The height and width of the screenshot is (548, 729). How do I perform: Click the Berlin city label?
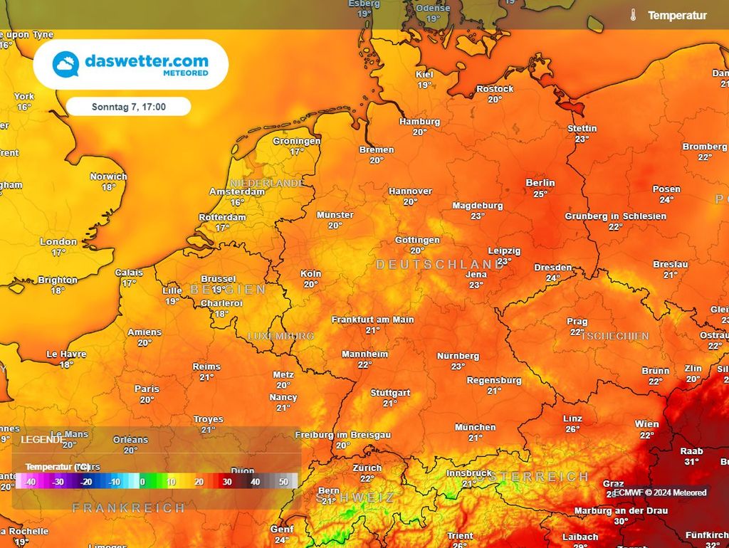coord(540,183)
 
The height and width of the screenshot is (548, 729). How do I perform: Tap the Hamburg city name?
coord(419,122)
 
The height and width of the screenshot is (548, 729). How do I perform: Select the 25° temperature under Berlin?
coord(540,194)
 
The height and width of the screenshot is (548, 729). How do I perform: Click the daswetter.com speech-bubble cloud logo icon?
coord(65,65)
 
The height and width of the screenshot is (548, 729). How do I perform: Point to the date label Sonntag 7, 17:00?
coord(129,107)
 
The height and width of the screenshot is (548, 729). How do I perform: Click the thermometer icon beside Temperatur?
coord(633,15)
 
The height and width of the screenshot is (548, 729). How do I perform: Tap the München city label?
coord(476,427)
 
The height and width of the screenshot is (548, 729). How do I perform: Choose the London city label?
coord(58,242)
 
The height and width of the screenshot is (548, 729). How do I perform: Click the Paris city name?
coord(147,389)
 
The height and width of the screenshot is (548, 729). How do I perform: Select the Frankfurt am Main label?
coord(372,320)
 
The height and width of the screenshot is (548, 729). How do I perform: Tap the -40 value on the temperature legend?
coord(29,482)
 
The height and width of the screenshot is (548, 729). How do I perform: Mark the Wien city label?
coord(646,424)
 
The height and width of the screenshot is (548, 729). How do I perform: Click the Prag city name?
coord(577,322)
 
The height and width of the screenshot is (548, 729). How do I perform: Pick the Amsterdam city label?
coord(237,192)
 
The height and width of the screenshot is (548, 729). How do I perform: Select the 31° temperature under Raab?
coord(691,461)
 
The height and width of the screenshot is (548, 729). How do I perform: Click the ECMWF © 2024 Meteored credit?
coord(661,492)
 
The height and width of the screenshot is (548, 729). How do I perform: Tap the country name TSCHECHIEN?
coord(615,336)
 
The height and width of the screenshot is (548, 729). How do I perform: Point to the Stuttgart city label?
coord(390,393)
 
